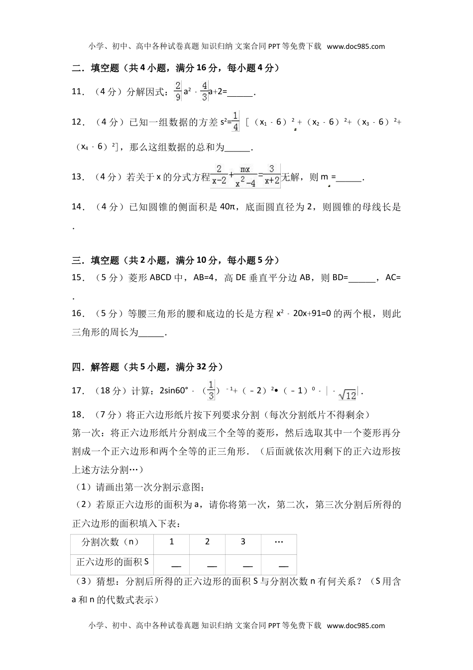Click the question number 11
click(x=77, y=92)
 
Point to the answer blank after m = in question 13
click(x=350, y=178)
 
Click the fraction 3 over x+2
click(x=272, y=176)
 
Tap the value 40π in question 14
click(x=228, y=207)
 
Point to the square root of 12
click(x=347, y=395)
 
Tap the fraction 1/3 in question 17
click(x=211, y=390)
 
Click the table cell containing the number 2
click(x=207, y=542)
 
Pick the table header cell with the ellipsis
click(x=279, y=542)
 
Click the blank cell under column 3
click(x=243, y=565)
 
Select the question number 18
click(x=77, y=415)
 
